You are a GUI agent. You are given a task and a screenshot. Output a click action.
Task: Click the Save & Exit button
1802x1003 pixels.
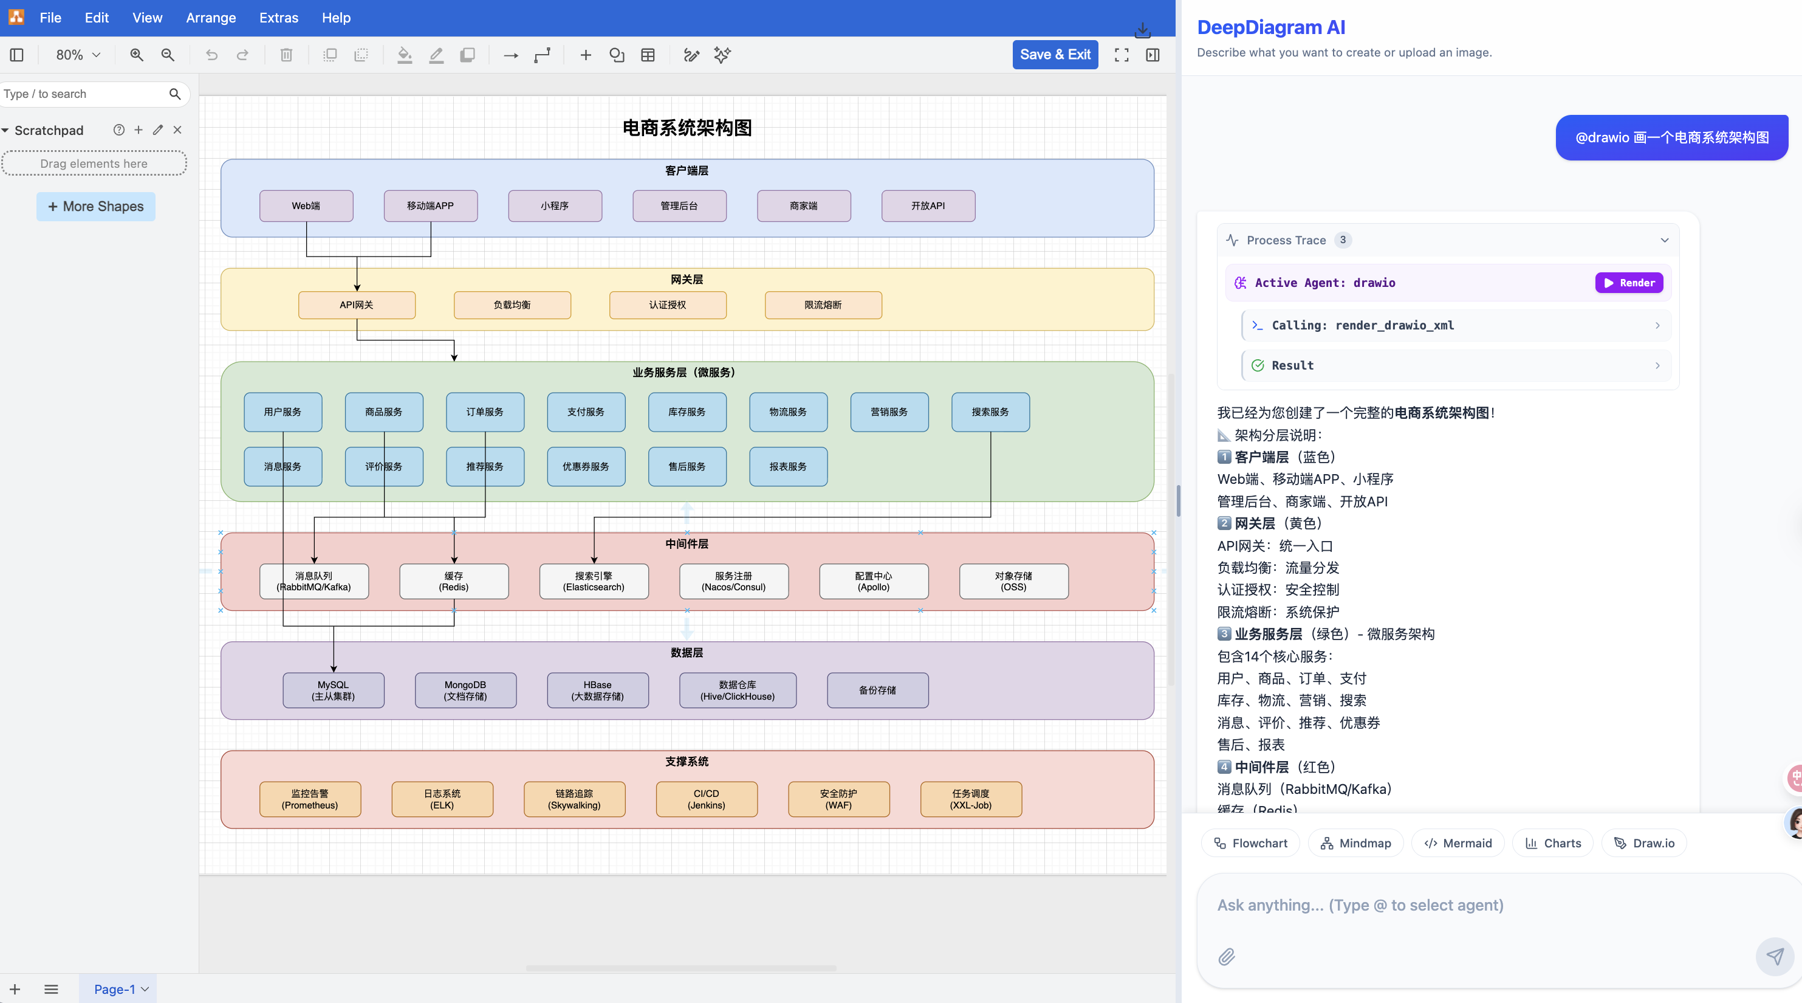tap(1054, 55)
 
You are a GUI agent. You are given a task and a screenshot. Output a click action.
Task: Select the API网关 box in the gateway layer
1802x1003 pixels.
tap(357, 305)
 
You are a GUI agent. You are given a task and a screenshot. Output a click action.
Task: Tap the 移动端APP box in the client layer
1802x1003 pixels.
tap(430, 206)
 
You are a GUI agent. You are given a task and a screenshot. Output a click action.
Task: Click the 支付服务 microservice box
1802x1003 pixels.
tap(586, 412)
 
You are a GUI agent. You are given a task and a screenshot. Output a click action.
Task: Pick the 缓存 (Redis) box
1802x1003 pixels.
tap(453, 582)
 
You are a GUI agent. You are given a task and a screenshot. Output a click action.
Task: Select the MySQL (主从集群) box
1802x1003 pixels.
tap(333, 691)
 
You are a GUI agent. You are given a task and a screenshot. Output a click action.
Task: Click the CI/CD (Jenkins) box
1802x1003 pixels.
tap(706, 799)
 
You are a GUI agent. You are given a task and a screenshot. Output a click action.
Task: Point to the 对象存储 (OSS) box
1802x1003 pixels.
tap(1013, 582)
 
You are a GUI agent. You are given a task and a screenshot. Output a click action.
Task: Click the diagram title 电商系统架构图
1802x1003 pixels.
tap(687, 128)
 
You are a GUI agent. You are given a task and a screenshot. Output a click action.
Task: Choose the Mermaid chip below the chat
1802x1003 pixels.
tap(1458, 843)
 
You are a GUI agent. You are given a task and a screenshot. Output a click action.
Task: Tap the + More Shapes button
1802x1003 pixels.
tap(96, 207)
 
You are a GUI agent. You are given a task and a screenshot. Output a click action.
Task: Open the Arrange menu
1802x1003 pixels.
tap(211, 18)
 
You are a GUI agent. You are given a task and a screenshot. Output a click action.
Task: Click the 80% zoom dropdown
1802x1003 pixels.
tap(78, 55)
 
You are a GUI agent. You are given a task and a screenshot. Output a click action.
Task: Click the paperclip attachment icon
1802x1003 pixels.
tap(1226, 957)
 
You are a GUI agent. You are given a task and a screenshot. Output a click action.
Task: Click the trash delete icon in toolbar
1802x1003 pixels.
tap(286, 55)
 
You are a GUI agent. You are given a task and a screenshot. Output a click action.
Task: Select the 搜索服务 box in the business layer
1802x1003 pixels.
tap(990, 412)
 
